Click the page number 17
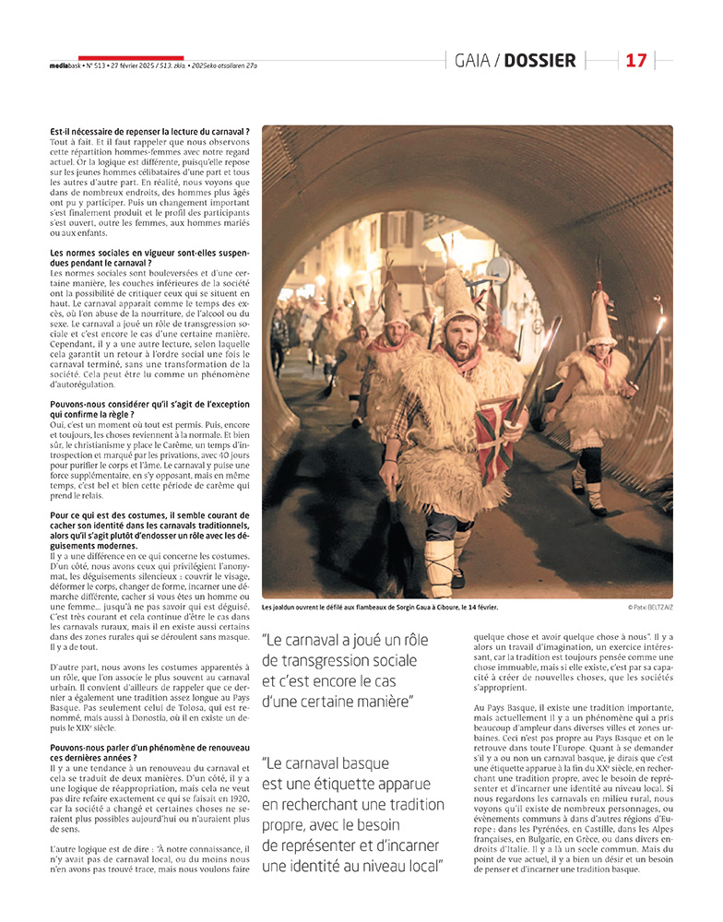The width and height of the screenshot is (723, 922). pos(636,61)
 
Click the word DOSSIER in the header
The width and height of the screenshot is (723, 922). pos(541,61)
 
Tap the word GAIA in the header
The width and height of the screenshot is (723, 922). pos(472,61)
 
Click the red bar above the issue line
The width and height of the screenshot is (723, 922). pos(131,58)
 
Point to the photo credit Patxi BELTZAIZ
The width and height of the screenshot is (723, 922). pos(649,607)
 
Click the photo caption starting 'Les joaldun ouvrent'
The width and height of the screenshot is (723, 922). pos(379,608)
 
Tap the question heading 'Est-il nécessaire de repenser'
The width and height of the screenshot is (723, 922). pos(149,133)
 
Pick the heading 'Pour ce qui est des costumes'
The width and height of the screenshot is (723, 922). pos(149,523)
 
